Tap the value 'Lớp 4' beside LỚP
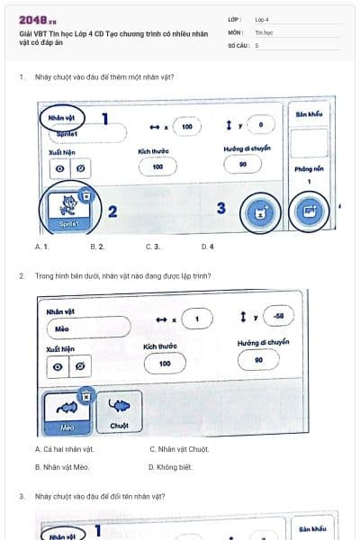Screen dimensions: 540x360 [x=262, y=19]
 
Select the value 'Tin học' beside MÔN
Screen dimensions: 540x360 [x=264, y=31]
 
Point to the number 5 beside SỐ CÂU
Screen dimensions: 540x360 [x=256, y=44]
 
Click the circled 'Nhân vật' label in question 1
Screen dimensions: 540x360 [x=60, y=116]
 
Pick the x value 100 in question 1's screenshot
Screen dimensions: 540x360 [x=186, y=127]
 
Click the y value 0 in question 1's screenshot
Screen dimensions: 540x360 [x=260, y=127]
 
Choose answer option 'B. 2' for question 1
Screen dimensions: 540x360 [x=97, y=246]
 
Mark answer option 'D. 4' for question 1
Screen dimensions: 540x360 [x=207, y=246]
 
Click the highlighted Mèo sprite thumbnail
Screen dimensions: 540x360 [x=67, y=411]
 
